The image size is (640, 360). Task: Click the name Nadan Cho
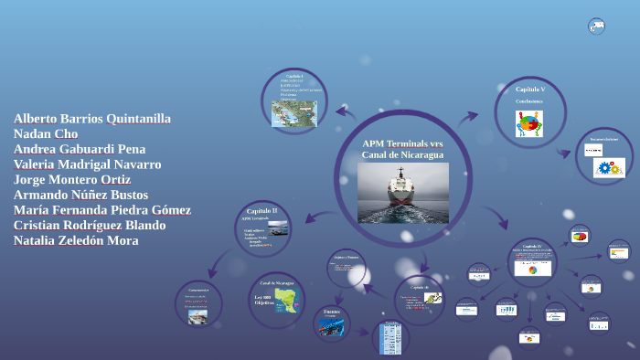tap(47, 133)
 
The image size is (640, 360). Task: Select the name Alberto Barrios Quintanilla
tap(92, 119)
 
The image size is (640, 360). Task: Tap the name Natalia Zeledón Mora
tap(76, 240)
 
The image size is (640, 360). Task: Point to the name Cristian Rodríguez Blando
tap(90, 225)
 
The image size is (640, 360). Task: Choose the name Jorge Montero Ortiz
tap(72, 180)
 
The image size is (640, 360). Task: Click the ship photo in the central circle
tap(402, 192)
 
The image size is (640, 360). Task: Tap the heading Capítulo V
tap(530, 90)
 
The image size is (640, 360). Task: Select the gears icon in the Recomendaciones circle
tap(609, 168)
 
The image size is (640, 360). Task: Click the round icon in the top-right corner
tap(596, 26)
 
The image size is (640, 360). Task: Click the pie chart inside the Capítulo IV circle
tap(532, 270)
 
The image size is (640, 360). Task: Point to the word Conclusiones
tap(530, 101)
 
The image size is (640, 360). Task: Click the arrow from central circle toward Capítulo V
tap(467, 118)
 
